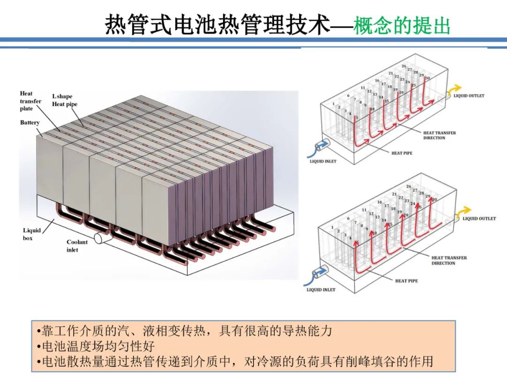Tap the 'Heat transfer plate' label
tap(30, 101)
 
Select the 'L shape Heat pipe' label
tap(64, 100)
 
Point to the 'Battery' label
tap(30, 122)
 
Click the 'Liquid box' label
tap(32, 234)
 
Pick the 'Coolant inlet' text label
tap(77, 246)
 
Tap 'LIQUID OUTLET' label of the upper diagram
tap(469, 96)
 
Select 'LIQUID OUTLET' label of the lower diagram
tap(479, 219)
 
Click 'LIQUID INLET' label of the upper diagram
tap(323, 161)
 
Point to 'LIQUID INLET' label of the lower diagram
tap(321, 290)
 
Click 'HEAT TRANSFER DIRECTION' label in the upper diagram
tap(439, 135)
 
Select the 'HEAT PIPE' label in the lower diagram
tap(406, 281)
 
